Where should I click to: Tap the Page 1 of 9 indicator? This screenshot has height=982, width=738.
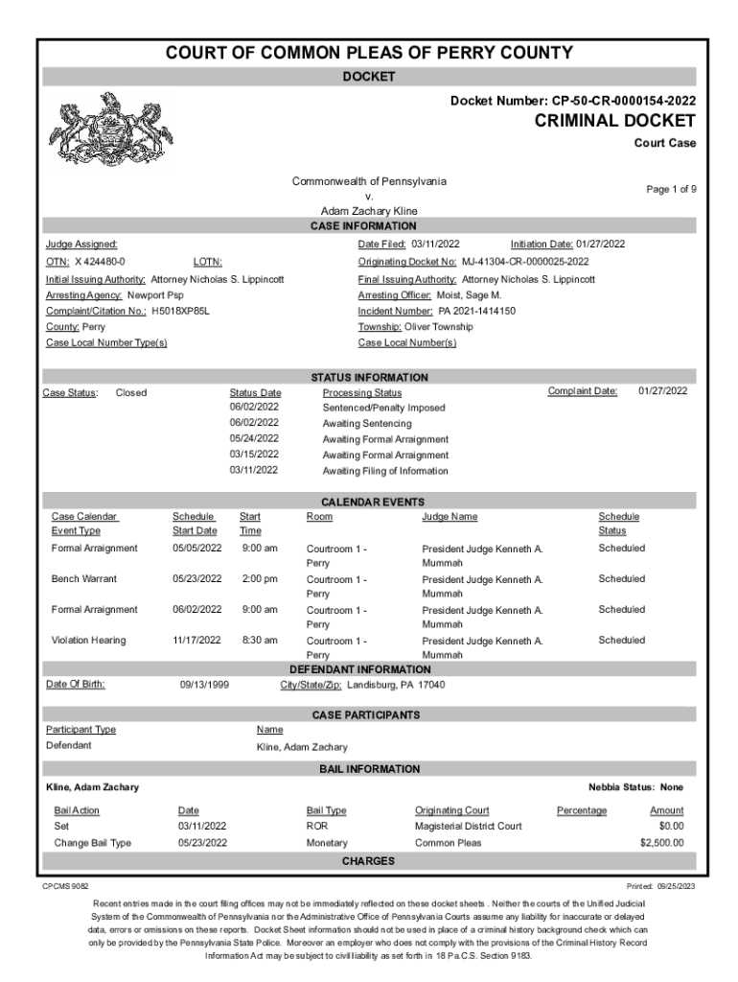[671, 190]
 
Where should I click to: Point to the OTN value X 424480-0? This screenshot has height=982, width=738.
[100, 262]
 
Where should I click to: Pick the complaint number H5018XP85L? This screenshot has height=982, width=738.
[180, 312]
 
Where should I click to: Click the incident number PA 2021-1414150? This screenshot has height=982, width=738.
[476, 312]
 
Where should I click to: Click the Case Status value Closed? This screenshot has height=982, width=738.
[131, 392]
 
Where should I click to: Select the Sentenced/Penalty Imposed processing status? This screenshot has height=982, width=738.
[383, 408]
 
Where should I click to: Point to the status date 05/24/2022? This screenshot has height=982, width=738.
[254, 438]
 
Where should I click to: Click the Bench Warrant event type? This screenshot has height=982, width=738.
[83, 579]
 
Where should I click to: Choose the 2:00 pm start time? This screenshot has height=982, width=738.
[260, 579]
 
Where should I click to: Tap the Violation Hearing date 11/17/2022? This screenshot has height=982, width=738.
[196, 641]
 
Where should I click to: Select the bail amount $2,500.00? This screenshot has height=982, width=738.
[661, 843]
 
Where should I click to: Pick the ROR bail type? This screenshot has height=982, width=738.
[317, 826]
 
